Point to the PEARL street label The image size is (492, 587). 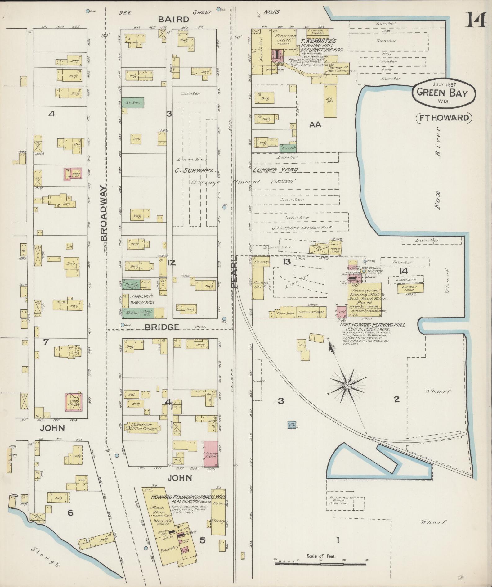point(235,272)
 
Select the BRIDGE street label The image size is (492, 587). point(162,327)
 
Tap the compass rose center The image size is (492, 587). point(347,386)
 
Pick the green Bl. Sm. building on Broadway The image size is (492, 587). point(133,102)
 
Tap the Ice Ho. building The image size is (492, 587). point(329,101)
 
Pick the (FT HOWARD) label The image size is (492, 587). point(444,118)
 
